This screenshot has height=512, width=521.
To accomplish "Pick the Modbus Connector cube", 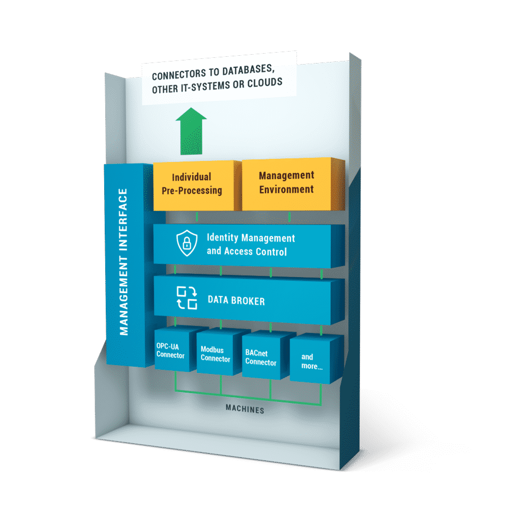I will (215, 354).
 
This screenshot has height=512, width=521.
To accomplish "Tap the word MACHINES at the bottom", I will (244, 410).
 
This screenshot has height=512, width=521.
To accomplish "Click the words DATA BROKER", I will (236, 301).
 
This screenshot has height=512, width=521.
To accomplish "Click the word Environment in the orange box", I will (286, 189).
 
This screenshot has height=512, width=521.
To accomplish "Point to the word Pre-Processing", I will (192, 191).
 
